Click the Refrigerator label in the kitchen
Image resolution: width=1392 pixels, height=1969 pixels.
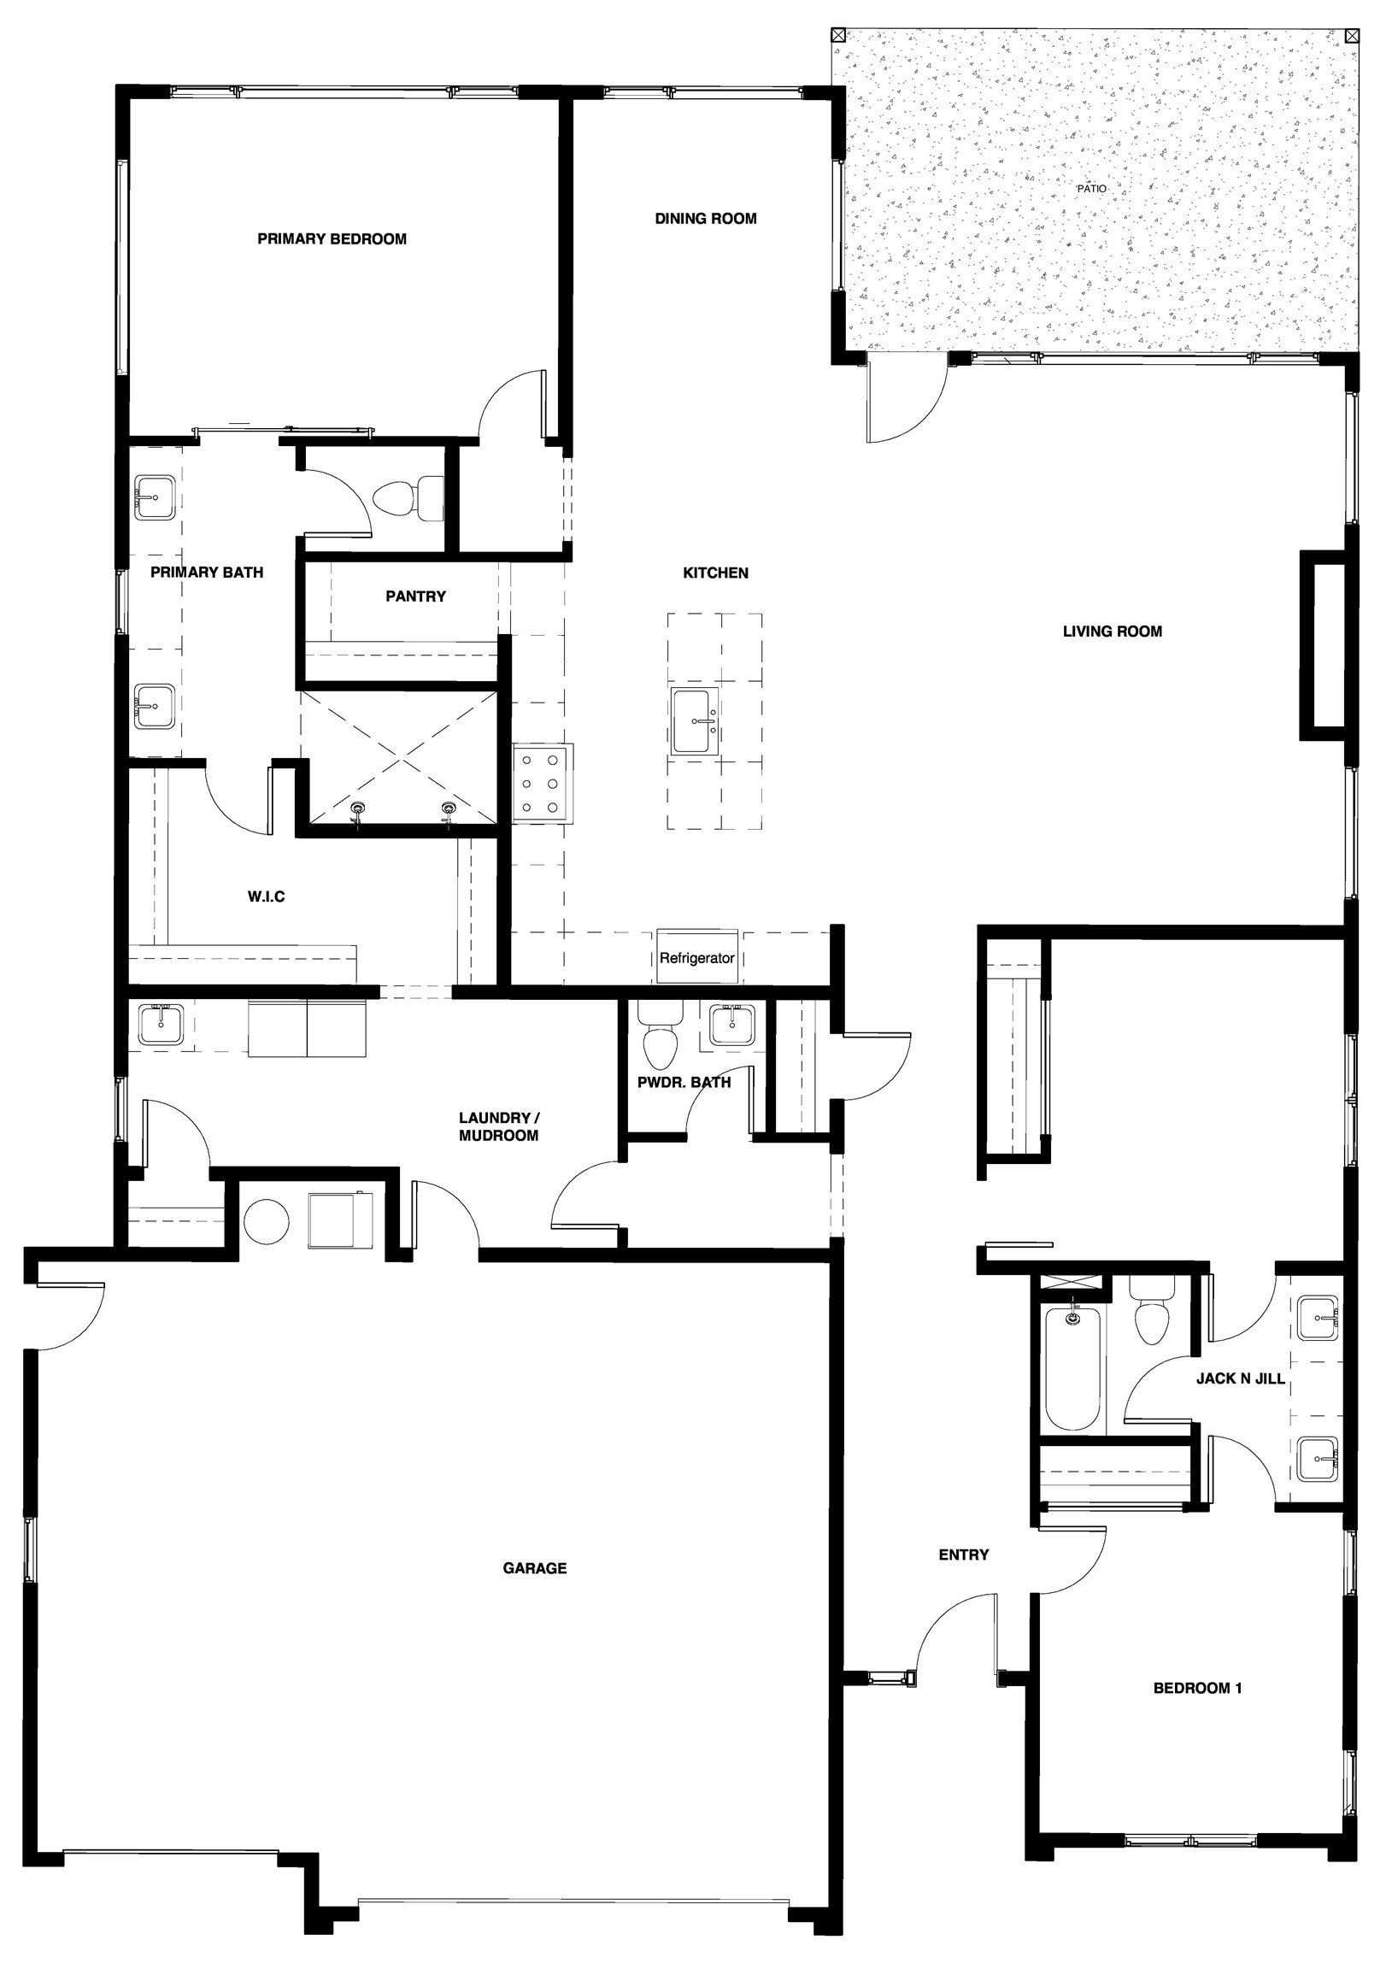(696, 958)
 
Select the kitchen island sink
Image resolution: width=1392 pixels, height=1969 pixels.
(696, 722)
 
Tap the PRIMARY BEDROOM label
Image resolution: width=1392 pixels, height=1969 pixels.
(332, 239)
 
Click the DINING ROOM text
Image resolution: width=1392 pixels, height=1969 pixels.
(706, 219)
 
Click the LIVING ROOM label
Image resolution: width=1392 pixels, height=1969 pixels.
(1113, 632)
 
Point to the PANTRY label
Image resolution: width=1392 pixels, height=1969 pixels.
(415, 596)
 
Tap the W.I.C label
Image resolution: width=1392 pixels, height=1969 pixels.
(266, 897)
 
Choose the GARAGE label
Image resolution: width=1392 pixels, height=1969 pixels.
(534, 1568)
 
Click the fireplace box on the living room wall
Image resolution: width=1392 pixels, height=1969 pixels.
(1321, 645)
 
